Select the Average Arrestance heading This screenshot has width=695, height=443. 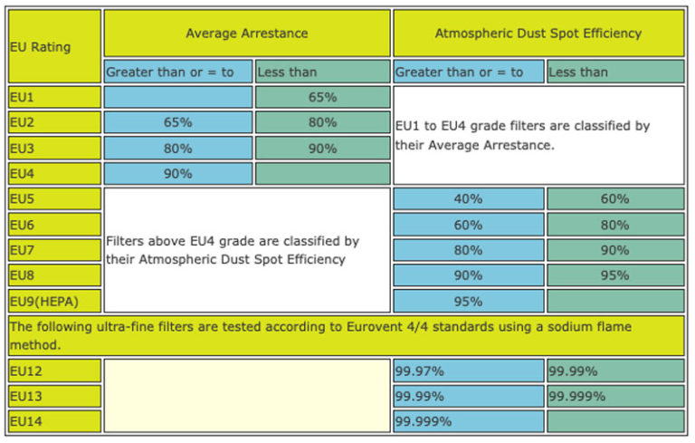click(246, 34)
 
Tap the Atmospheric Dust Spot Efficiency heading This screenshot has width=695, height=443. click(538, 34)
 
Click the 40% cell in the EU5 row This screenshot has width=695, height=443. click(468, 198)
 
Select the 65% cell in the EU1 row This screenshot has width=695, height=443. click(322, 97)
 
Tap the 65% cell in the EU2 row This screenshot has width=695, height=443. click(177, 122)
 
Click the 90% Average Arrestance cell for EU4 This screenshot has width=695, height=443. click(177, 173)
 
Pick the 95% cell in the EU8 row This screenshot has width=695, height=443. click(614, 274)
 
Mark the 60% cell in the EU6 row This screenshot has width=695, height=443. click(468, 224)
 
